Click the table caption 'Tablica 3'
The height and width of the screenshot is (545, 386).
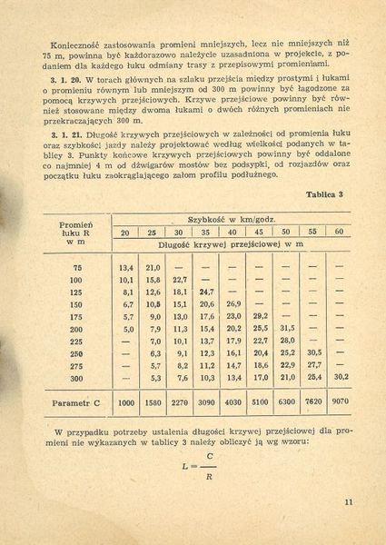(323, 195)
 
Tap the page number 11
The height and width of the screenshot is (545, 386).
(350, 500)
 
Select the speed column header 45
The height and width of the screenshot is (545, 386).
(260, 232)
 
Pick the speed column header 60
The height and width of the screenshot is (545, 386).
(338, 232)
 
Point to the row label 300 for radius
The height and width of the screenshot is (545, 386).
(75, 378)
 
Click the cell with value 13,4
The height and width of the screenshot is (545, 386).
(126, 267)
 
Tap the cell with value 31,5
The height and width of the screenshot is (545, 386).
(287, 328)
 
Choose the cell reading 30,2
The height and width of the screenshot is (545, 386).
(339, 378)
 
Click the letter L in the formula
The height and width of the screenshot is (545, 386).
(184, 468)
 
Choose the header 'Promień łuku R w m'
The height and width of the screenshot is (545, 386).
(75, 232)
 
